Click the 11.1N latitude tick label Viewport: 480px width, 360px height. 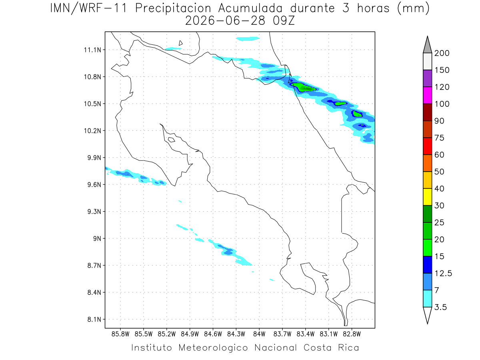click(92, 50)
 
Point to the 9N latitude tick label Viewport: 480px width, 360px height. click(97, 238)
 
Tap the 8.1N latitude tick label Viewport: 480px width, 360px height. click(94, 319)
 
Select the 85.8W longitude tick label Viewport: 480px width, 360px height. click(120, 334)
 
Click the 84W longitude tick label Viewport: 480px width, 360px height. click(259, 334)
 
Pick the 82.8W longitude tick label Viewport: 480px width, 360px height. click(352, 334)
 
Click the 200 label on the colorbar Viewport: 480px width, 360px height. click(442, 53)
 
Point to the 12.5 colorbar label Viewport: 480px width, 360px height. click(443, 274)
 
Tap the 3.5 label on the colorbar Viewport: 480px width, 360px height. click(440, 307)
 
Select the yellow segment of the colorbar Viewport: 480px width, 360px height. click(427, 197)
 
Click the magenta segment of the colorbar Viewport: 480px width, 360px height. click(427, 95)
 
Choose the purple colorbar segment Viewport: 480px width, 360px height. click(427, 78)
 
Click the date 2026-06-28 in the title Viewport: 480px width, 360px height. click(225, 21)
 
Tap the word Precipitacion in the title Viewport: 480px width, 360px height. click(173, 8)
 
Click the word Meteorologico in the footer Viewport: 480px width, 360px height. click(213, 348)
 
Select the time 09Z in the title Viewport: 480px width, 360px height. click(284, 21)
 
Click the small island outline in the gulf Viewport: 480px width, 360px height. click(172, 140)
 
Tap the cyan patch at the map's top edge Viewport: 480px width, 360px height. click(248, 39)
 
